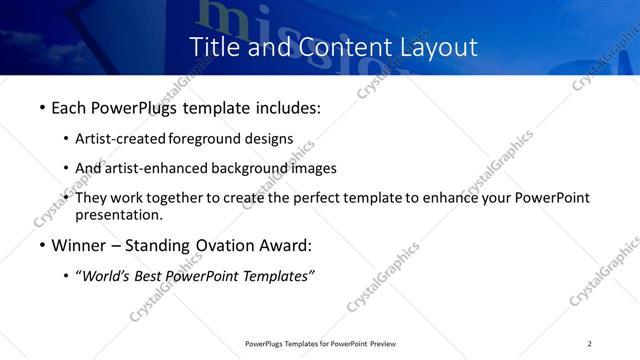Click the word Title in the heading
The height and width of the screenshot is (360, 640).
pyautogui.click(x=214, y=46)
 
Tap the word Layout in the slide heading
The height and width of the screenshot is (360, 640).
pyautogui.click(x=432, y=46)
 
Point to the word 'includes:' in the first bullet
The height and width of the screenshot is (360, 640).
pyautogui.click(x=285, y=106)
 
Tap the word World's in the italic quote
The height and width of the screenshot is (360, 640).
pyautogui.click(x=109, y=276)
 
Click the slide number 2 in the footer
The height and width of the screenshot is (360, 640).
pyautogui.click(x=590, y=344)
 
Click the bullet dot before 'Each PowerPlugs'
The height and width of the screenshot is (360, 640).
pyautogui.click(x=41, y=107)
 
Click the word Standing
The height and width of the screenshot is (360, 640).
pyautogui.click(x=165, y=245)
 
